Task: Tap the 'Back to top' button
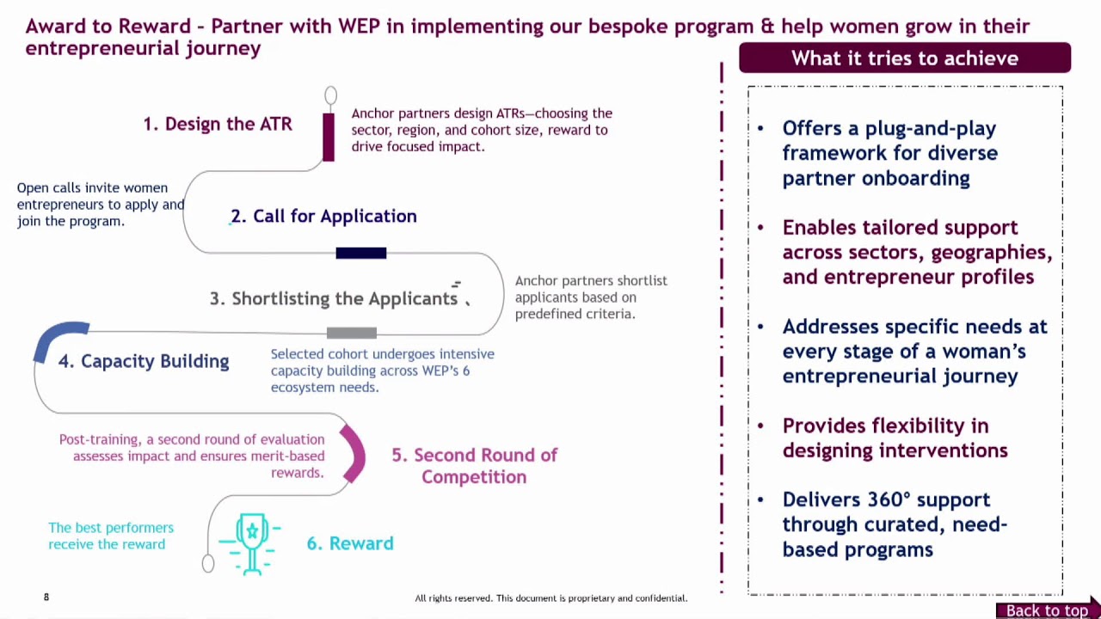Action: coord(1047,610)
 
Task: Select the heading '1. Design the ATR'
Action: coord(218,124)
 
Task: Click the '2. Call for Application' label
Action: coord(323,216)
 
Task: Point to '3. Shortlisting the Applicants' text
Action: coord(334,298)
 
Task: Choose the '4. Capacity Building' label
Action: coord(144,361)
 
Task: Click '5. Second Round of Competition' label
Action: coord(474,465)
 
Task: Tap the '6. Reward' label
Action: coord(350,543)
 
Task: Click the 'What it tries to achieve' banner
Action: coord(904,58)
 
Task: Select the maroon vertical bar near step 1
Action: coord(329,137)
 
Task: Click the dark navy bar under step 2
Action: coord(361,253)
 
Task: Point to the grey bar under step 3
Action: coord(352,333)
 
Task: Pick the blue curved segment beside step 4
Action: coord(58,339)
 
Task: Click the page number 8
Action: coord(46,597)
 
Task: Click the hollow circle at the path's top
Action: coord(331,95)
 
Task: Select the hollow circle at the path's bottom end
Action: coord(208,563)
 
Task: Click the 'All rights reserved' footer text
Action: coord(550,598)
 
